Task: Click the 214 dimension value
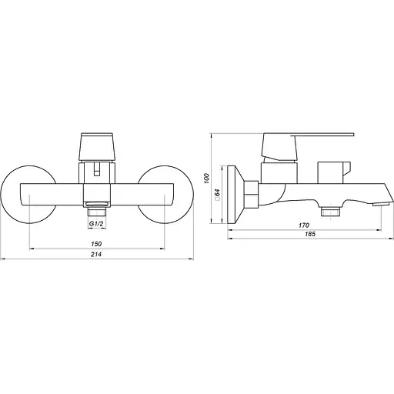96,254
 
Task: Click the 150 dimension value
96,244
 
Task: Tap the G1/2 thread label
96,224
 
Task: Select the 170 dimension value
304,225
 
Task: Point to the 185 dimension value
310,234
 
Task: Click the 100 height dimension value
206,179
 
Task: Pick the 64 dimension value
217,194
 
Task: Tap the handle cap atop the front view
97,147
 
